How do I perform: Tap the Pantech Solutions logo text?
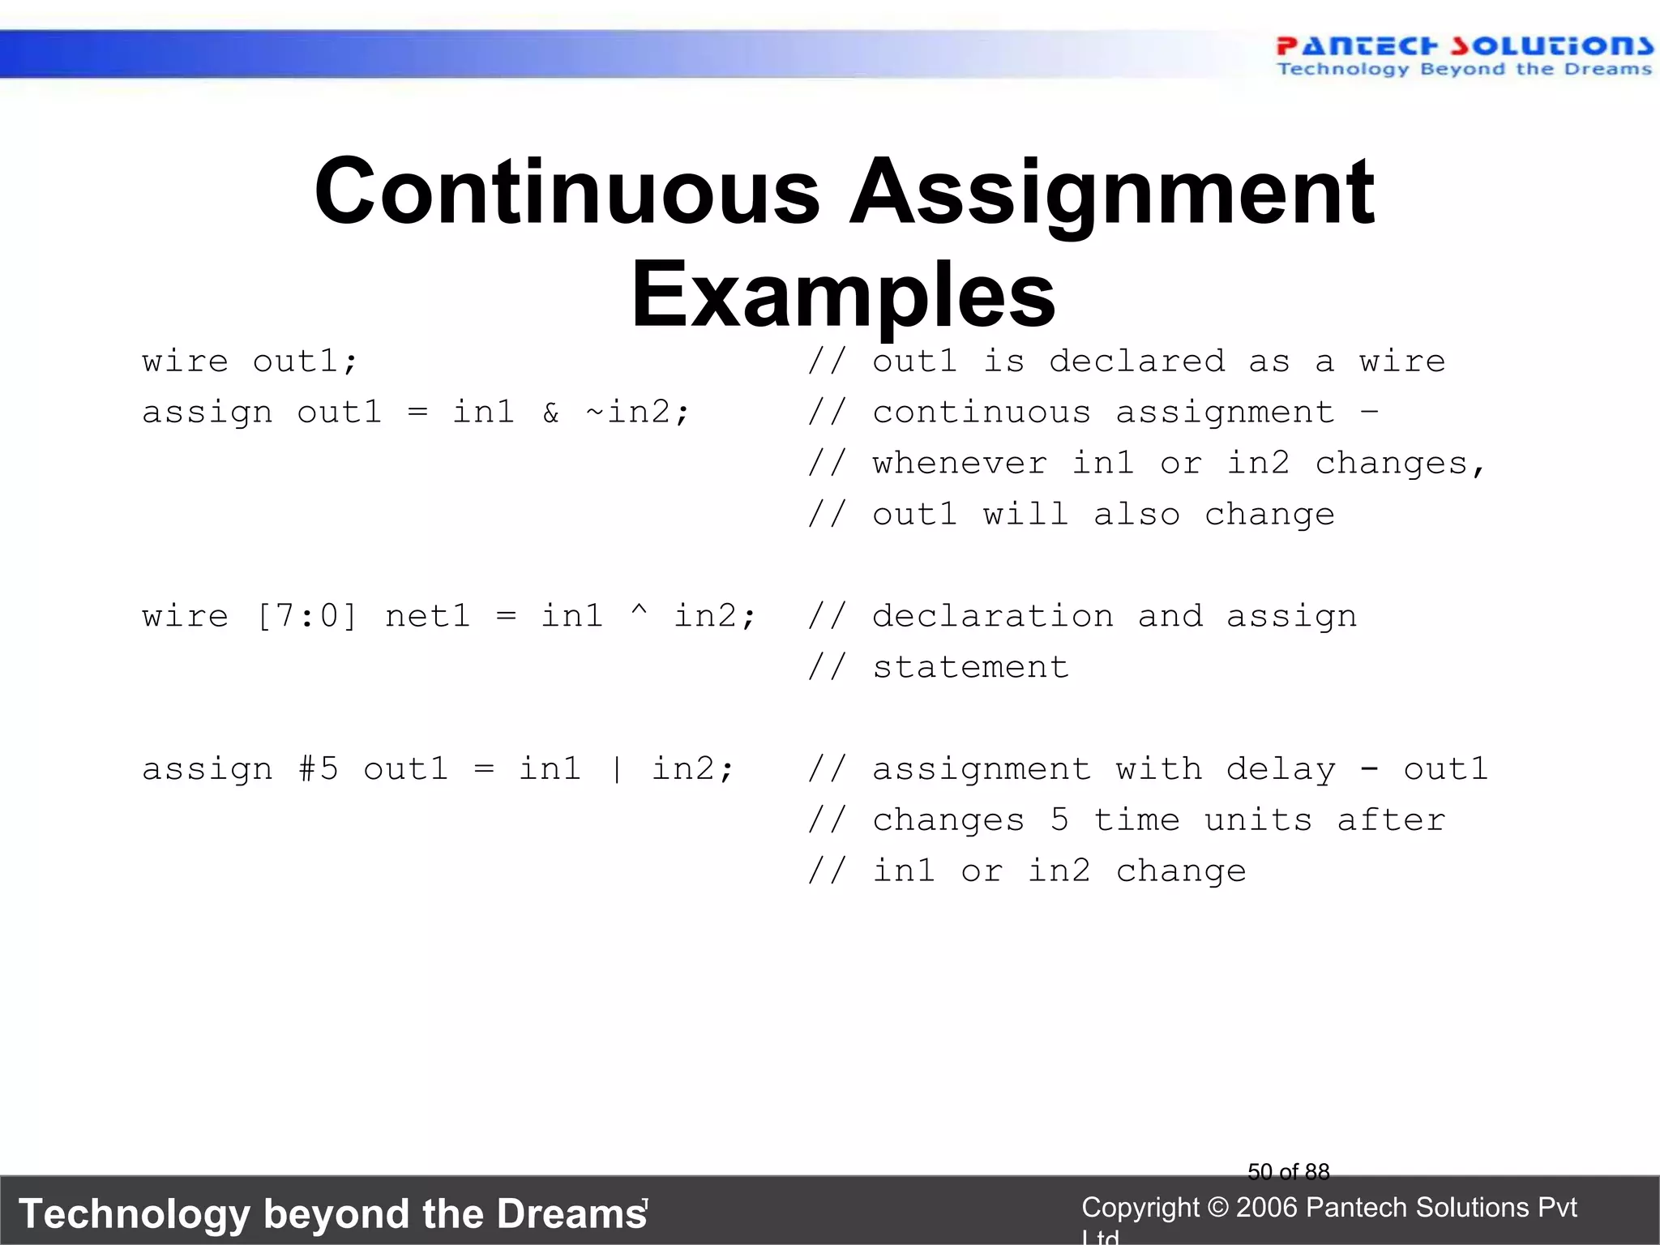[x=1463, y=46]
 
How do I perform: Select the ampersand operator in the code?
[x=551, y=413]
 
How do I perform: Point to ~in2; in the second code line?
[x=637, y=413]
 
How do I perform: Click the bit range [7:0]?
[x=306, y=617]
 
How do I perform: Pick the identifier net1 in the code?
[x=427, y=617]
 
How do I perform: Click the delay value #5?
[x=318, y=769]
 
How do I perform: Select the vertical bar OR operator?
[x=618, y=769]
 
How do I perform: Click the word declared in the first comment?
[x=1136, y=362]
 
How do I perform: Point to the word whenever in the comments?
[x=960, y=464]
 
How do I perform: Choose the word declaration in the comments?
[x=993, y=617]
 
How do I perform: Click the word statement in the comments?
[x=970, y=668]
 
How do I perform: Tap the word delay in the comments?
[x=1281, y=769]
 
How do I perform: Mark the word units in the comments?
[x=1258, y=820]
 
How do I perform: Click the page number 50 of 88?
[x=1289, y=1171]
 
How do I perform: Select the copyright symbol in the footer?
[x=1217, y=1208]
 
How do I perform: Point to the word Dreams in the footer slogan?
[x=572, y=1214]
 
